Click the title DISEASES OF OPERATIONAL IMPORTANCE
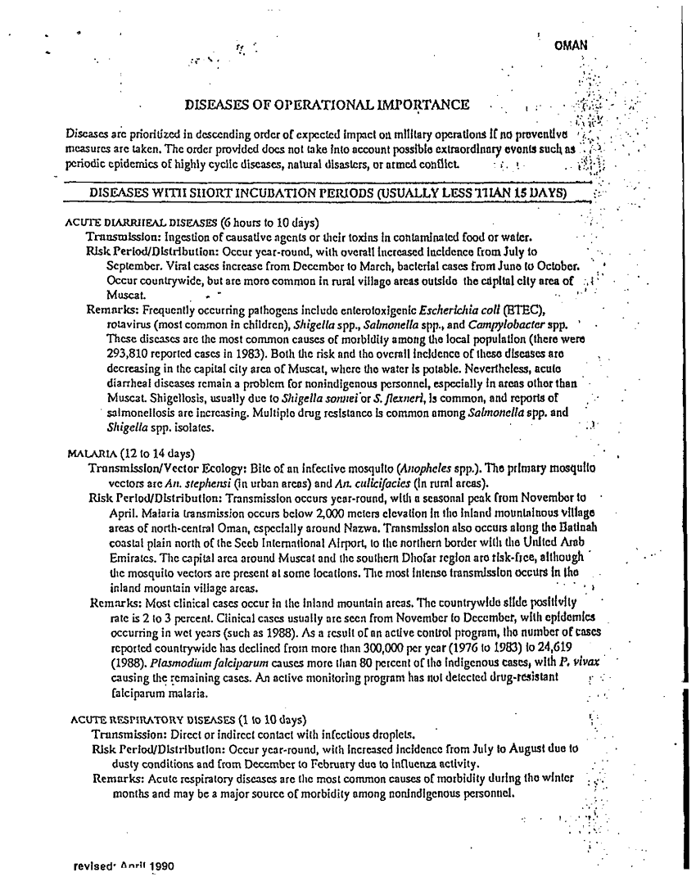[328, 105]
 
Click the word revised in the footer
[95, 863]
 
